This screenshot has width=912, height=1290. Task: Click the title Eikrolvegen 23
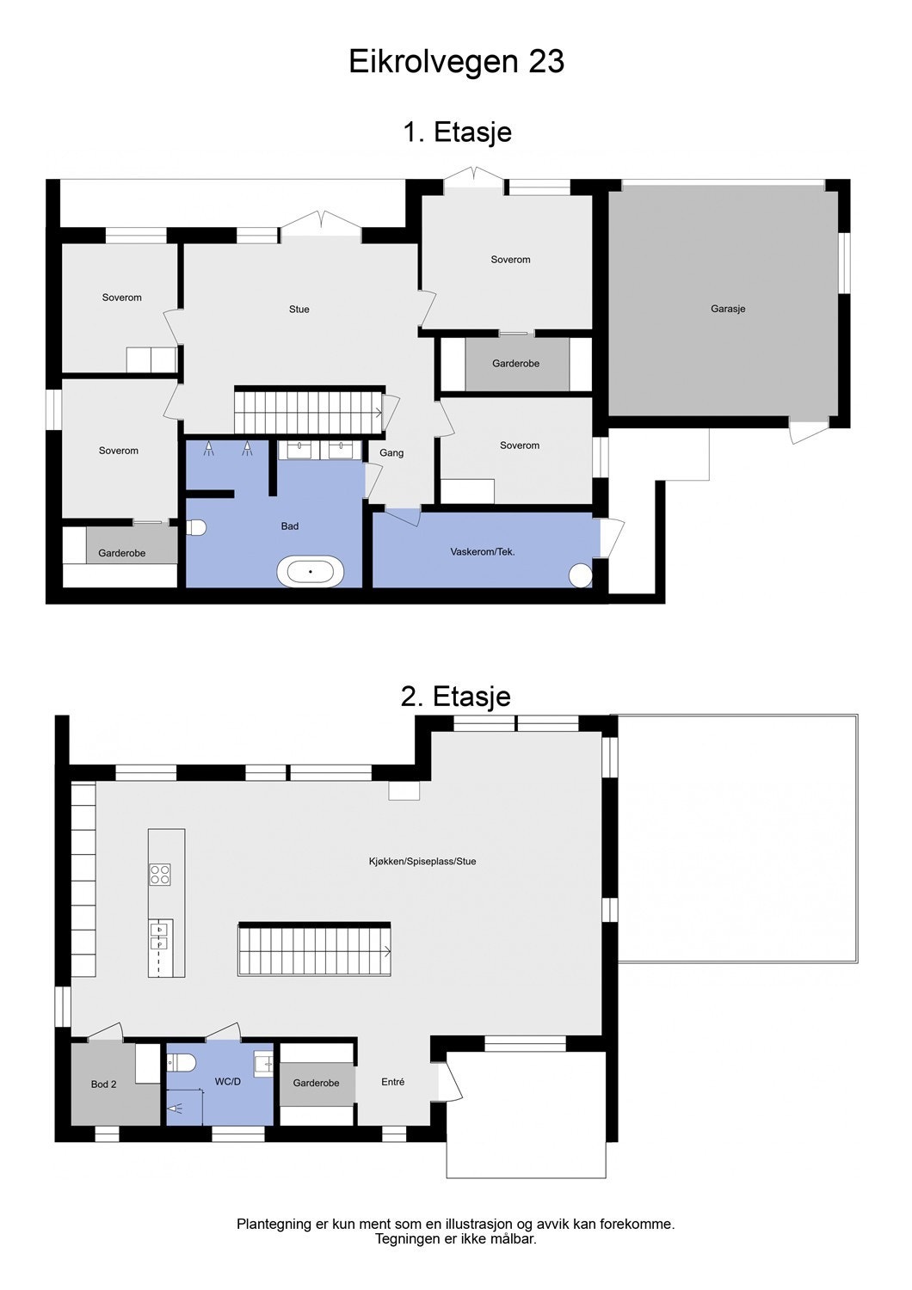[456, 62]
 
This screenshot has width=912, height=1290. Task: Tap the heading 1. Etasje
[457, 132]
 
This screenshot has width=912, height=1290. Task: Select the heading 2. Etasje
[455, 696]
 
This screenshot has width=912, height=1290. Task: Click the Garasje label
[728, 309]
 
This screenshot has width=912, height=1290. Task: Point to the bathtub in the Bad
[310, 571]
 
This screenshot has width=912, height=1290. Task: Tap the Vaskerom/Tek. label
[483, 551]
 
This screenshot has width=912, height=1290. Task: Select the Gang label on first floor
[391, 453]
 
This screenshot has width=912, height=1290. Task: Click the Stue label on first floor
[299, 310]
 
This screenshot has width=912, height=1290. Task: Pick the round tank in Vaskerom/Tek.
[582, 574]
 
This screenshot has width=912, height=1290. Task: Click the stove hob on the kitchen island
[160, 875]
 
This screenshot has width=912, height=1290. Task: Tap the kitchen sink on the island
[159, 937]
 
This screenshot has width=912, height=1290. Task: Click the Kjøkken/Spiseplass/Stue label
[422, 861]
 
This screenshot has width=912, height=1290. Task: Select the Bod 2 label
[103, 1084]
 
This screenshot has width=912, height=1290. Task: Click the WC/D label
[228, 1082]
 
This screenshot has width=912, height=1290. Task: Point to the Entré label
[392, 1082]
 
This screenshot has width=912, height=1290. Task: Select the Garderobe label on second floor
[316, 1083]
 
